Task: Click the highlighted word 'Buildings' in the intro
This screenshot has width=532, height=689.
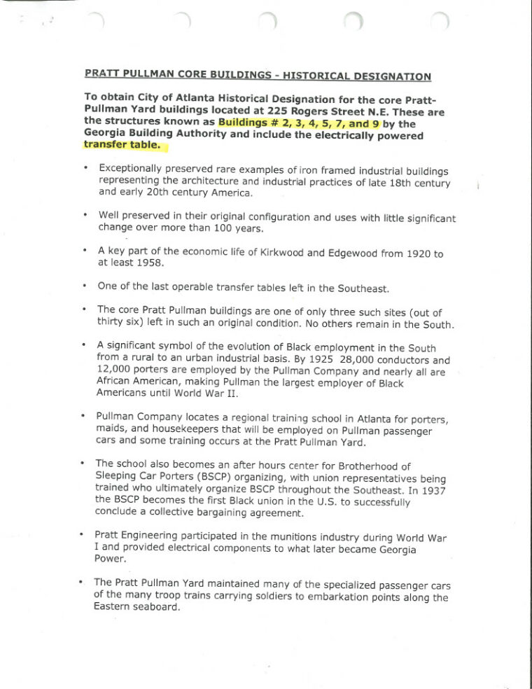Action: (x=246, y=123)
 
